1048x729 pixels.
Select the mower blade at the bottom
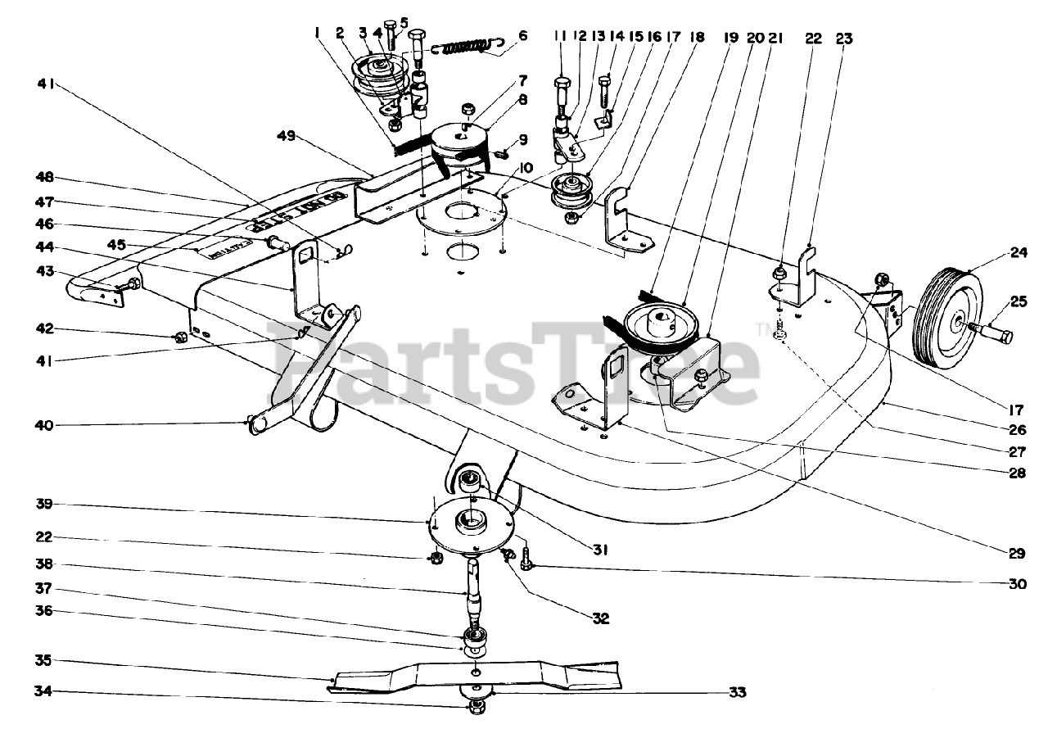[475, 677]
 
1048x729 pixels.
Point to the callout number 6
[523, 36]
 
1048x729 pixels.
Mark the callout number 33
[737, 692]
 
